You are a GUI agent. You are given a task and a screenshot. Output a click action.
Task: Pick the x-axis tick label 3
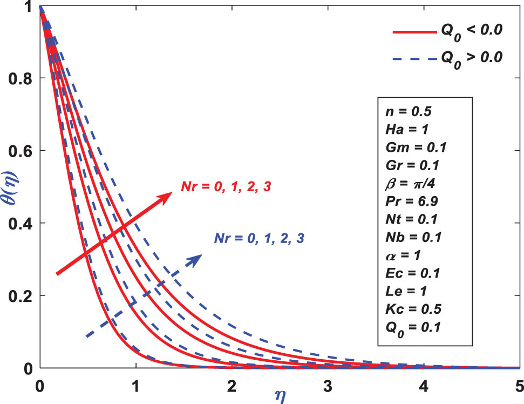click(x=328, y=387)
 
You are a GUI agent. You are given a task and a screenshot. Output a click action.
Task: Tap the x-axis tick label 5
click(x=519, y=387)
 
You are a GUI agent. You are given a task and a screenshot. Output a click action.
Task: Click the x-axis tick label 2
click(x=232, y=387)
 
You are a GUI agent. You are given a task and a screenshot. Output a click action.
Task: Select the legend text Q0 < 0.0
click(x=473, y=33)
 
